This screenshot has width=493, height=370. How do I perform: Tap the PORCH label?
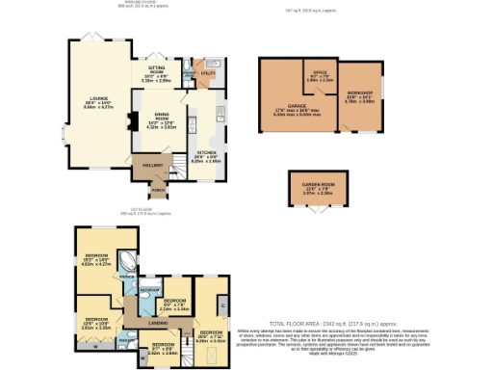(156, 190)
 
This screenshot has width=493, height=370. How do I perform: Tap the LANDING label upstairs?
(159, 324)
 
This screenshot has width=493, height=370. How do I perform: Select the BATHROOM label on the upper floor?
(151, 289)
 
